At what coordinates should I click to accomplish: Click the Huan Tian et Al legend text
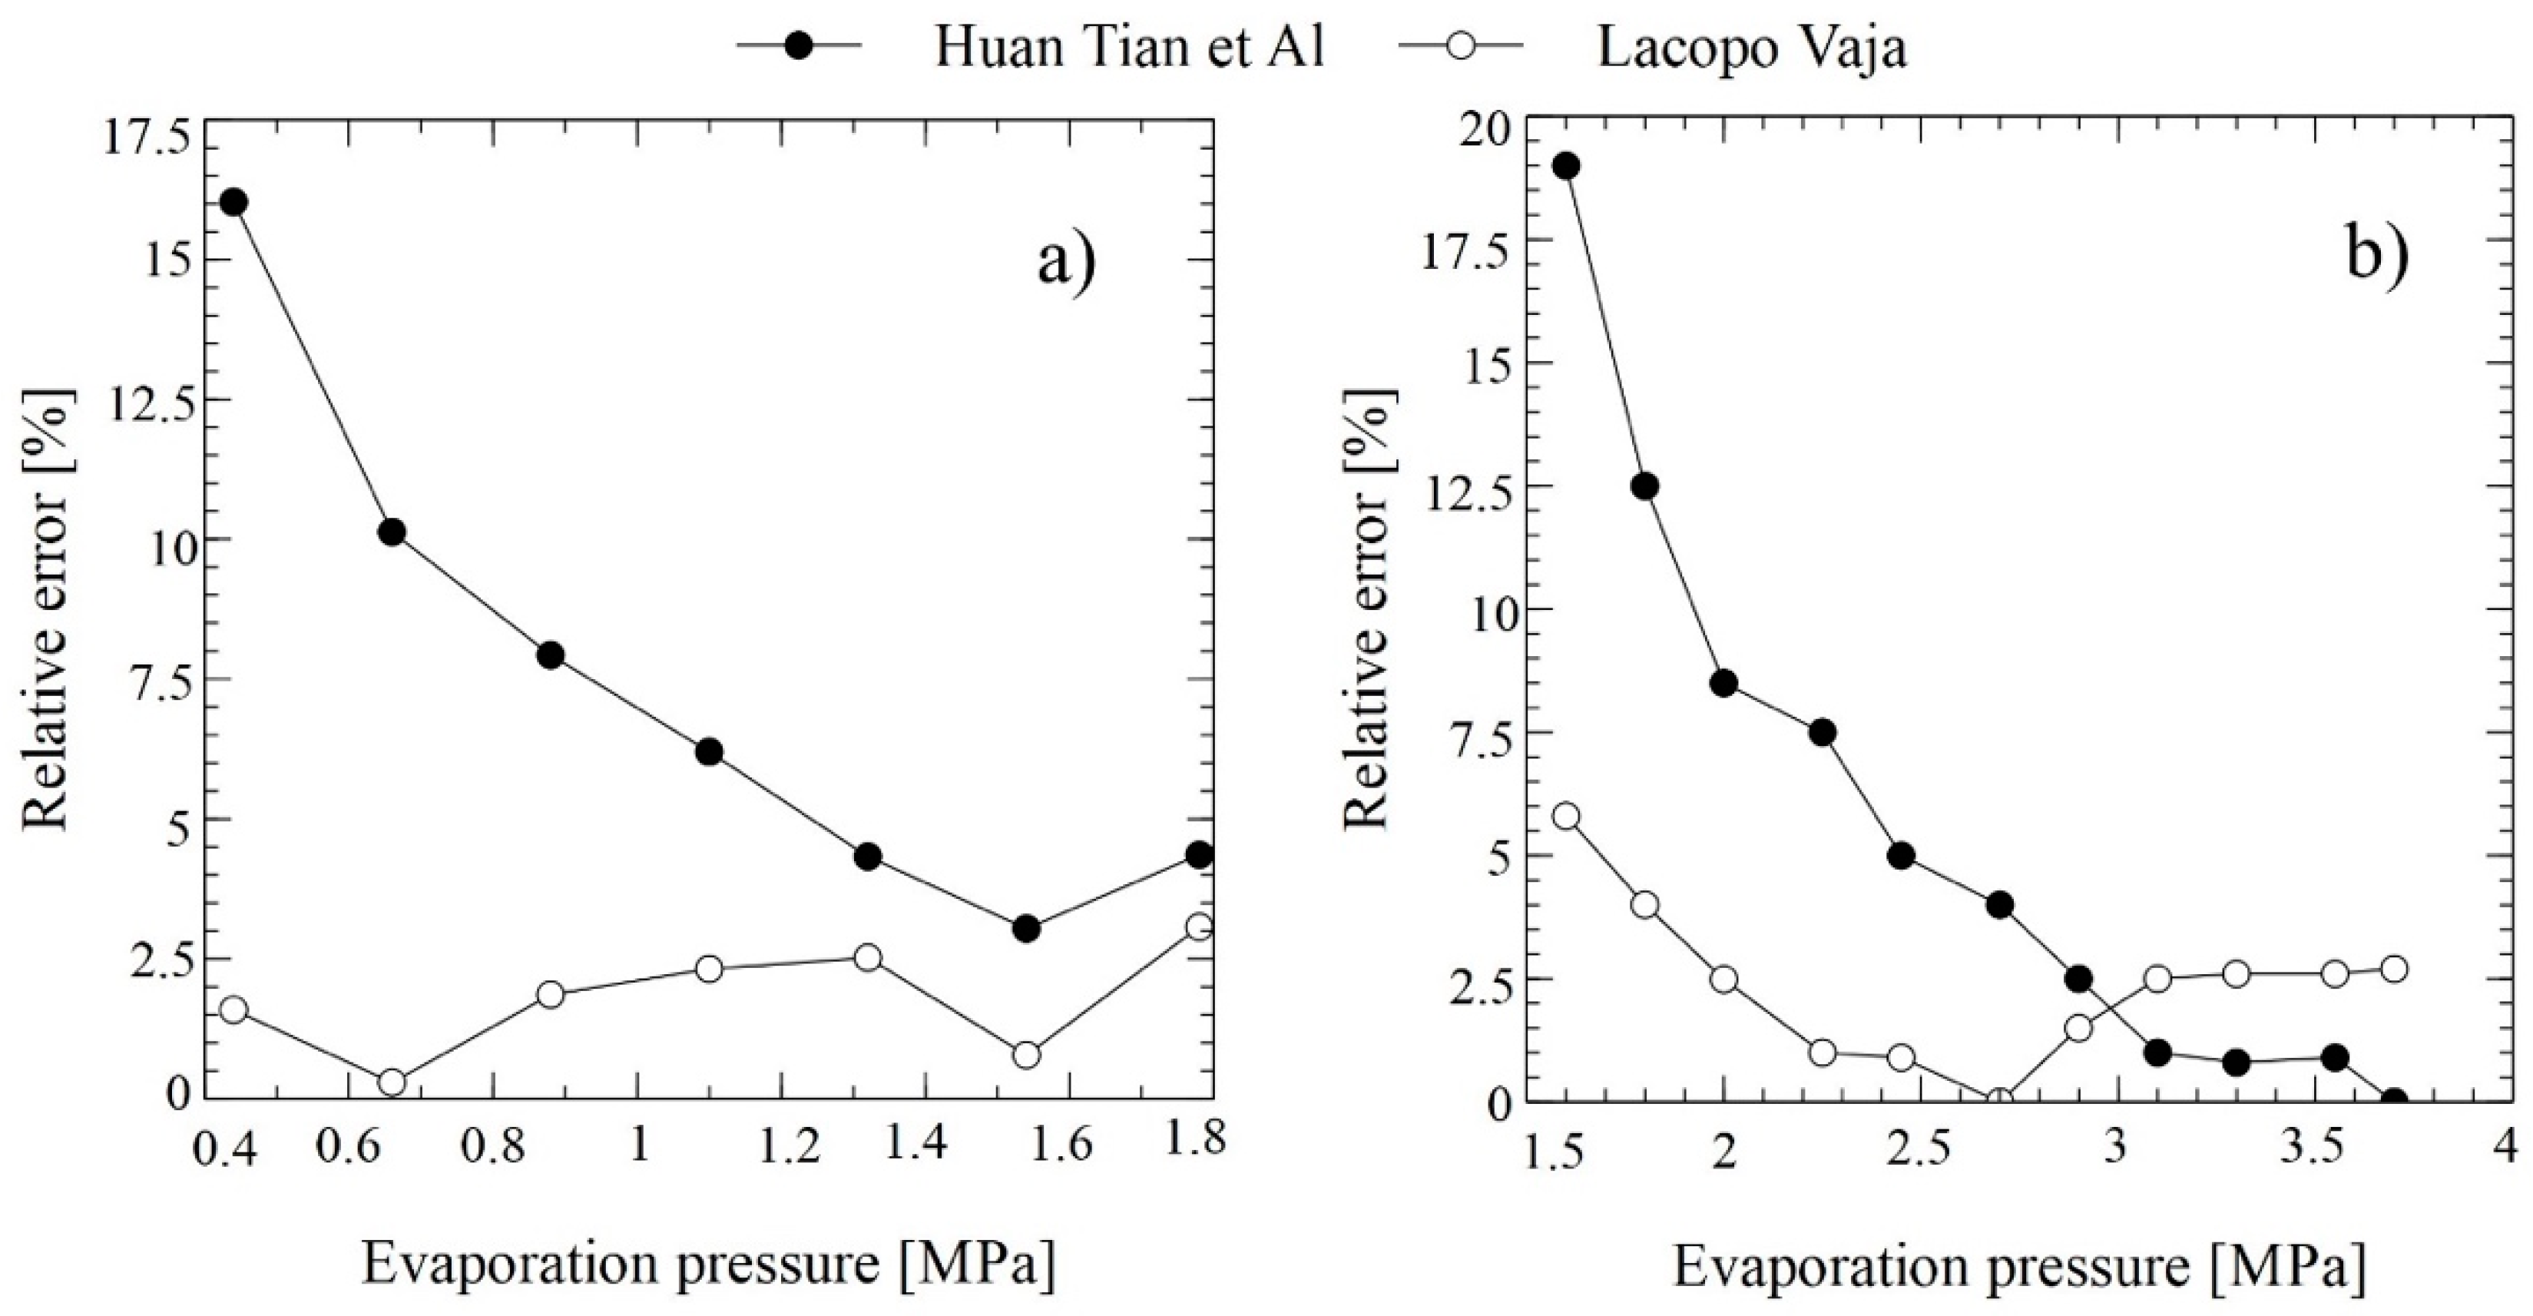pos(1129,47)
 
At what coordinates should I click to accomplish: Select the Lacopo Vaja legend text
pos(1751,47)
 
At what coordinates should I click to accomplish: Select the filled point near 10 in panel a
pos(392,533)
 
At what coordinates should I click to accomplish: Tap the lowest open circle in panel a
pos(392,1082)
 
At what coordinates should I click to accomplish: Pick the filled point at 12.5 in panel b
pos(1644,486)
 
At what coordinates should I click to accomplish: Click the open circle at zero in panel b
pos(1999,1102)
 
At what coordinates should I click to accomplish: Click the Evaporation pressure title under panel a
pos(708,1264)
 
